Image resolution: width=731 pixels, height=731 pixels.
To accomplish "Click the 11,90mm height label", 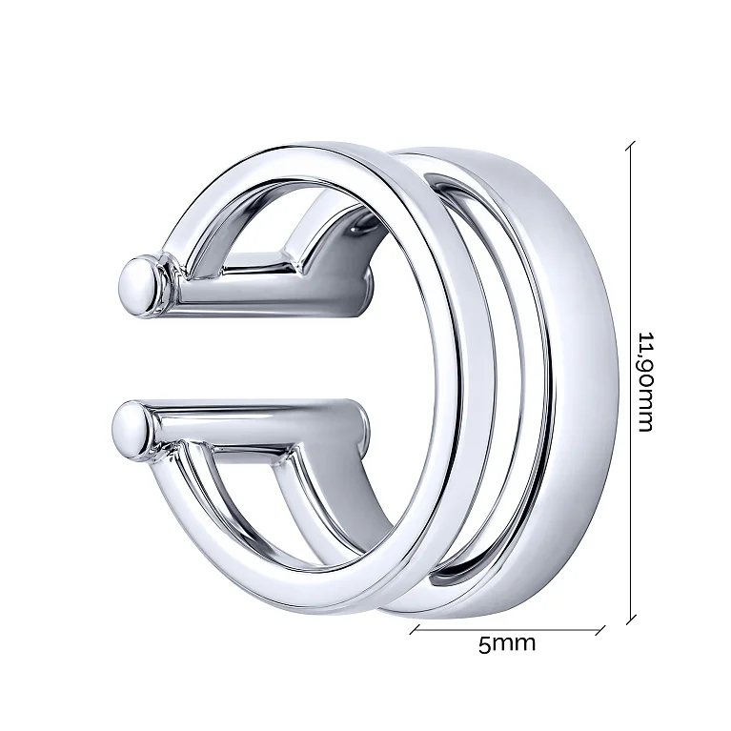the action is [646, 382].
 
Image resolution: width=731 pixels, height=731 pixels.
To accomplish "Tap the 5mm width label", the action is [507, 644].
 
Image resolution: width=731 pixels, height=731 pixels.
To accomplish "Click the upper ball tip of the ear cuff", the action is [137, 285].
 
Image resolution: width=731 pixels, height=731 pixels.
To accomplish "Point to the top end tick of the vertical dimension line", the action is [630, 146].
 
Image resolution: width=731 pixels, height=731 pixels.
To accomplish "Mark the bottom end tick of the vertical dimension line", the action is [631, 619].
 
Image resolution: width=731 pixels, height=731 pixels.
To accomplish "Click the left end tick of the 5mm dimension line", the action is [415, 629].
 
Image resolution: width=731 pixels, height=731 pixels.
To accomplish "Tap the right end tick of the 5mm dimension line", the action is [600, 631].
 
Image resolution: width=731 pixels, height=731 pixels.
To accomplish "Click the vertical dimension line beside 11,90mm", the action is [631, 382].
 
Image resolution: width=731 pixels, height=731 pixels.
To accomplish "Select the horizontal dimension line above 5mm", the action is [507, 630].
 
